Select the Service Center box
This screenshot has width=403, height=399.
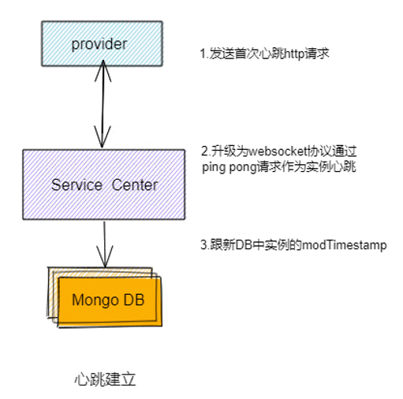[104, 185]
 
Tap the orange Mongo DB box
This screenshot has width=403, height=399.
[107, 300]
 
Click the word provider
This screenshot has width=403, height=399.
[99, 44]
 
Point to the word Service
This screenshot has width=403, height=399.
[76, 185]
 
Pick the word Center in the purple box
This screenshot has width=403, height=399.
[134, 185]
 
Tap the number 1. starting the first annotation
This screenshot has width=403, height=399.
[203, 54]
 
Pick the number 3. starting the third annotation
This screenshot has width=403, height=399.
[204, 245]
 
